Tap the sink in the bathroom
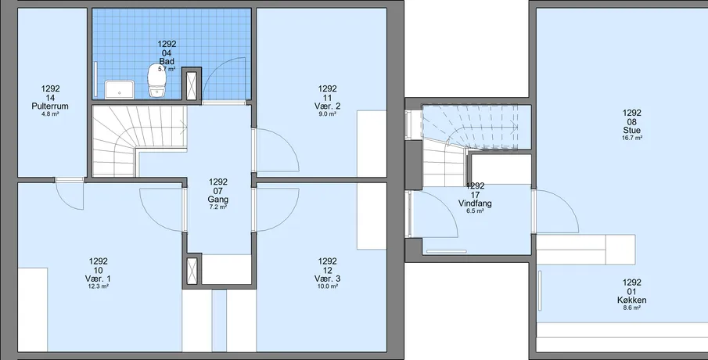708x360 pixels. pos(120,89)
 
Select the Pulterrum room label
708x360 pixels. pos(50,106)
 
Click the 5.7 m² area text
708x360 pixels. pos(167,69)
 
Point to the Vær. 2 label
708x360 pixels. pos(327,106)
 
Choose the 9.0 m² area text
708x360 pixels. pos(327,114)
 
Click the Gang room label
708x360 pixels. pos(217,200)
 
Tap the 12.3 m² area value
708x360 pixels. pos(99,286)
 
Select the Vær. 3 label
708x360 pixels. pos(327,279)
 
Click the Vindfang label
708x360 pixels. pos(475,203)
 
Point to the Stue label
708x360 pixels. pos(631,131)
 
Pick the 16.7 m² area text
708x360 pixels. pos(631,139)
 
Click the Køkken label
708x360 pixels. pos(631,301)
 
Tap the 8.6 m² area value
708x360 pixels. pos(631,308)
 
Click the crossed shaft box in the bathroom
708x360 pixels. pos(192,85)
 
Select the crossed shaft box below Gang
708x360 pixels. pos(192,271)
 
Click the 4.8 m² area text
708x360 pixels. pos(50,114)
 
